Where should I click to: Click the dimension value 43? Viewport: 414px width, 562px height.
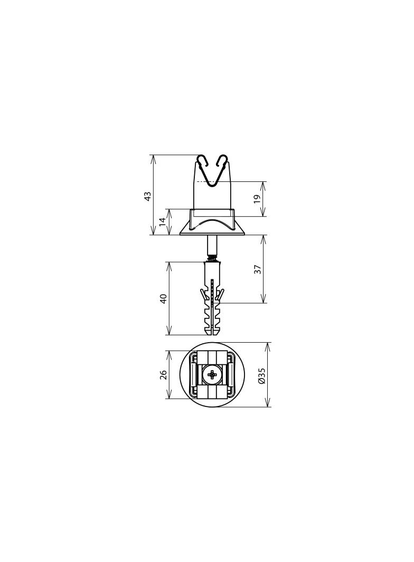[x=148, y=195]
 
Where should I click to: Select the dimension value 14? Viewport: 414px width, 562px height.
[x=163, y=222]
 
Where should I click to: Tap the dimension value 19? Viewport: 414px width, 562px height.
[x=257, y=199]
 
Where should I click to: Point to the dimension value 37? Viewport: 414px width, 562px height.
[x=257, y=269]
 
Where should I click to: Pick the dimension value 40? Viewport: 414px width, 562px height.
[x=164, y=298]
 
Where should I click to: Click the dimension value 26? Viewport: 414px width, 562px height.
[x=164, y=374]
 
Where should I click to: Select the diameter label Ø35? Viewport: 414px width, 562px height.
[x=261, y=375]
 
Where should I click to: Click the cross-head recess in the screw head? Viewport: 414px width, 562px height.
[x=212, y=375]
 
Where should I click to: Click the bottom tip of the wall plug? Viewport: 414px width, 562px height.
[x=212, y=333]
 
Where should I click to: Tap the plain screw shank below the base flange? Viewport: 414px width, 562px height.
[x=212, y=245]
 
